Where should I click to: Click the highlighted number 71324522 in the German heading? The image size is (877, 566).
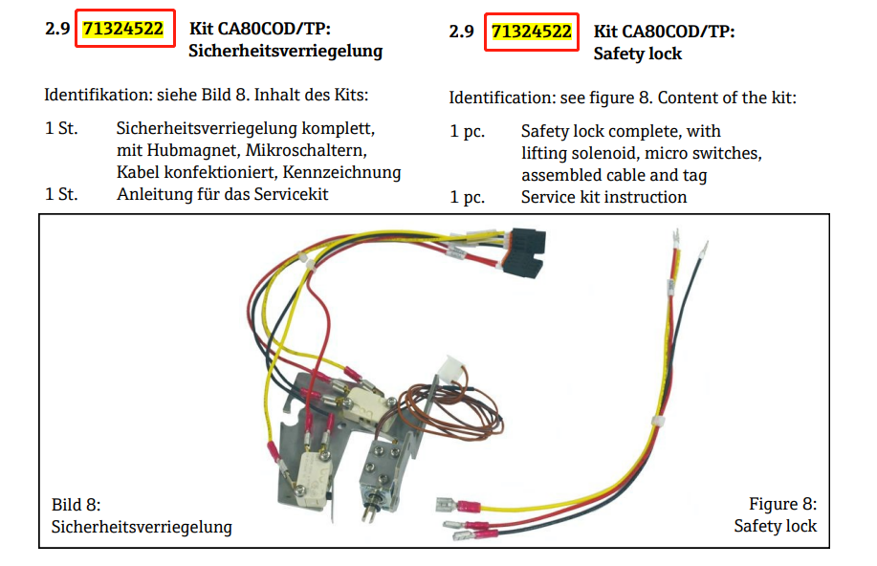tap(123, 31)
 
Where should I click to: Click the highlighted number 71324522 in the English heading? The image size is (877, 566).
tap(531, 32)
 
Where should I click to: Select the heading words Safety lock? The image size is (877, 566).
tap(637, 54)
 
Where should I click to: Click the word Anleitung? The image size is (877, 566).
tap(152, 195)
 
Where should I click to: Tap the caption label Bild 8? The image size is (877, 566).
tap(76, 504)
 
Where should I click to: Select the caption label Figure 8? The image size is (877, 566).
tap(782, 504)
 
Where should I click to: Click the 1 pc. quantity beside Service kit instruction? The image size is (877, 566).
tap(468, 197)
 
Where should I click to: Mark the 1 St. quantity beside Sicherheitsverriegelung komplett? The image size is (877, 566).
tap(61, 127)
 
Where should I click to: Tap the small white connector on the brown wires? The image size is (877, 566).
tap(449, 368)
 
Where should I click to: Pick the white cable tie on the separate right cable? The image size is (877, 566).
tap(659, 421)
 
